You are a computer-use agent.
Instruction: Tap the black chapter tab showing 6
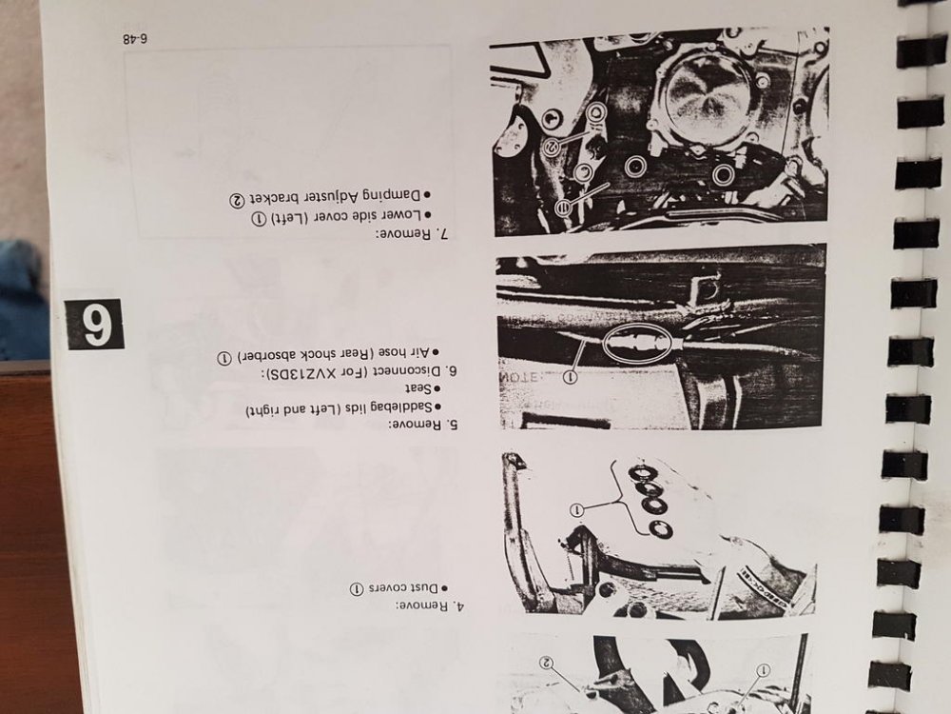click(x=95, y=324)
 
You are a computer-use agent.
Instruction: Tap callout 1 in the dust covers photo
click(x=577, y=510)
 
